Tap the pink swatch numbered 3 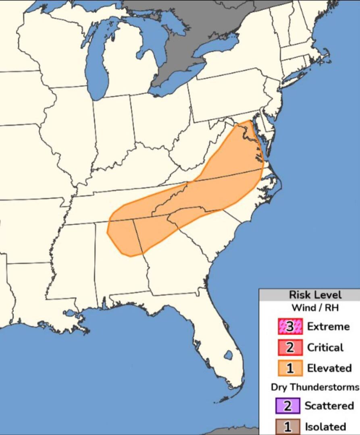289,327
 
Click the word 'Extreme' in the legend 328,326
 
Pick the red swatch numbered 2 289,347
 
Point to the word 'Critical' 325,347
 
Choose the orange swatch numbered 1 289,368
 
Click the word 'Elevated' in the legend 329,368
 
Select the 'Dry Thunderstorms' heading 314,387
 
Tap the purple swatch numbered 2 287,406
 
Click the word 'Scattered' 329,406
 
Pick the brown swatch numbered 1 287,427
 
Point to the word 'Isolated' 325,427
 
